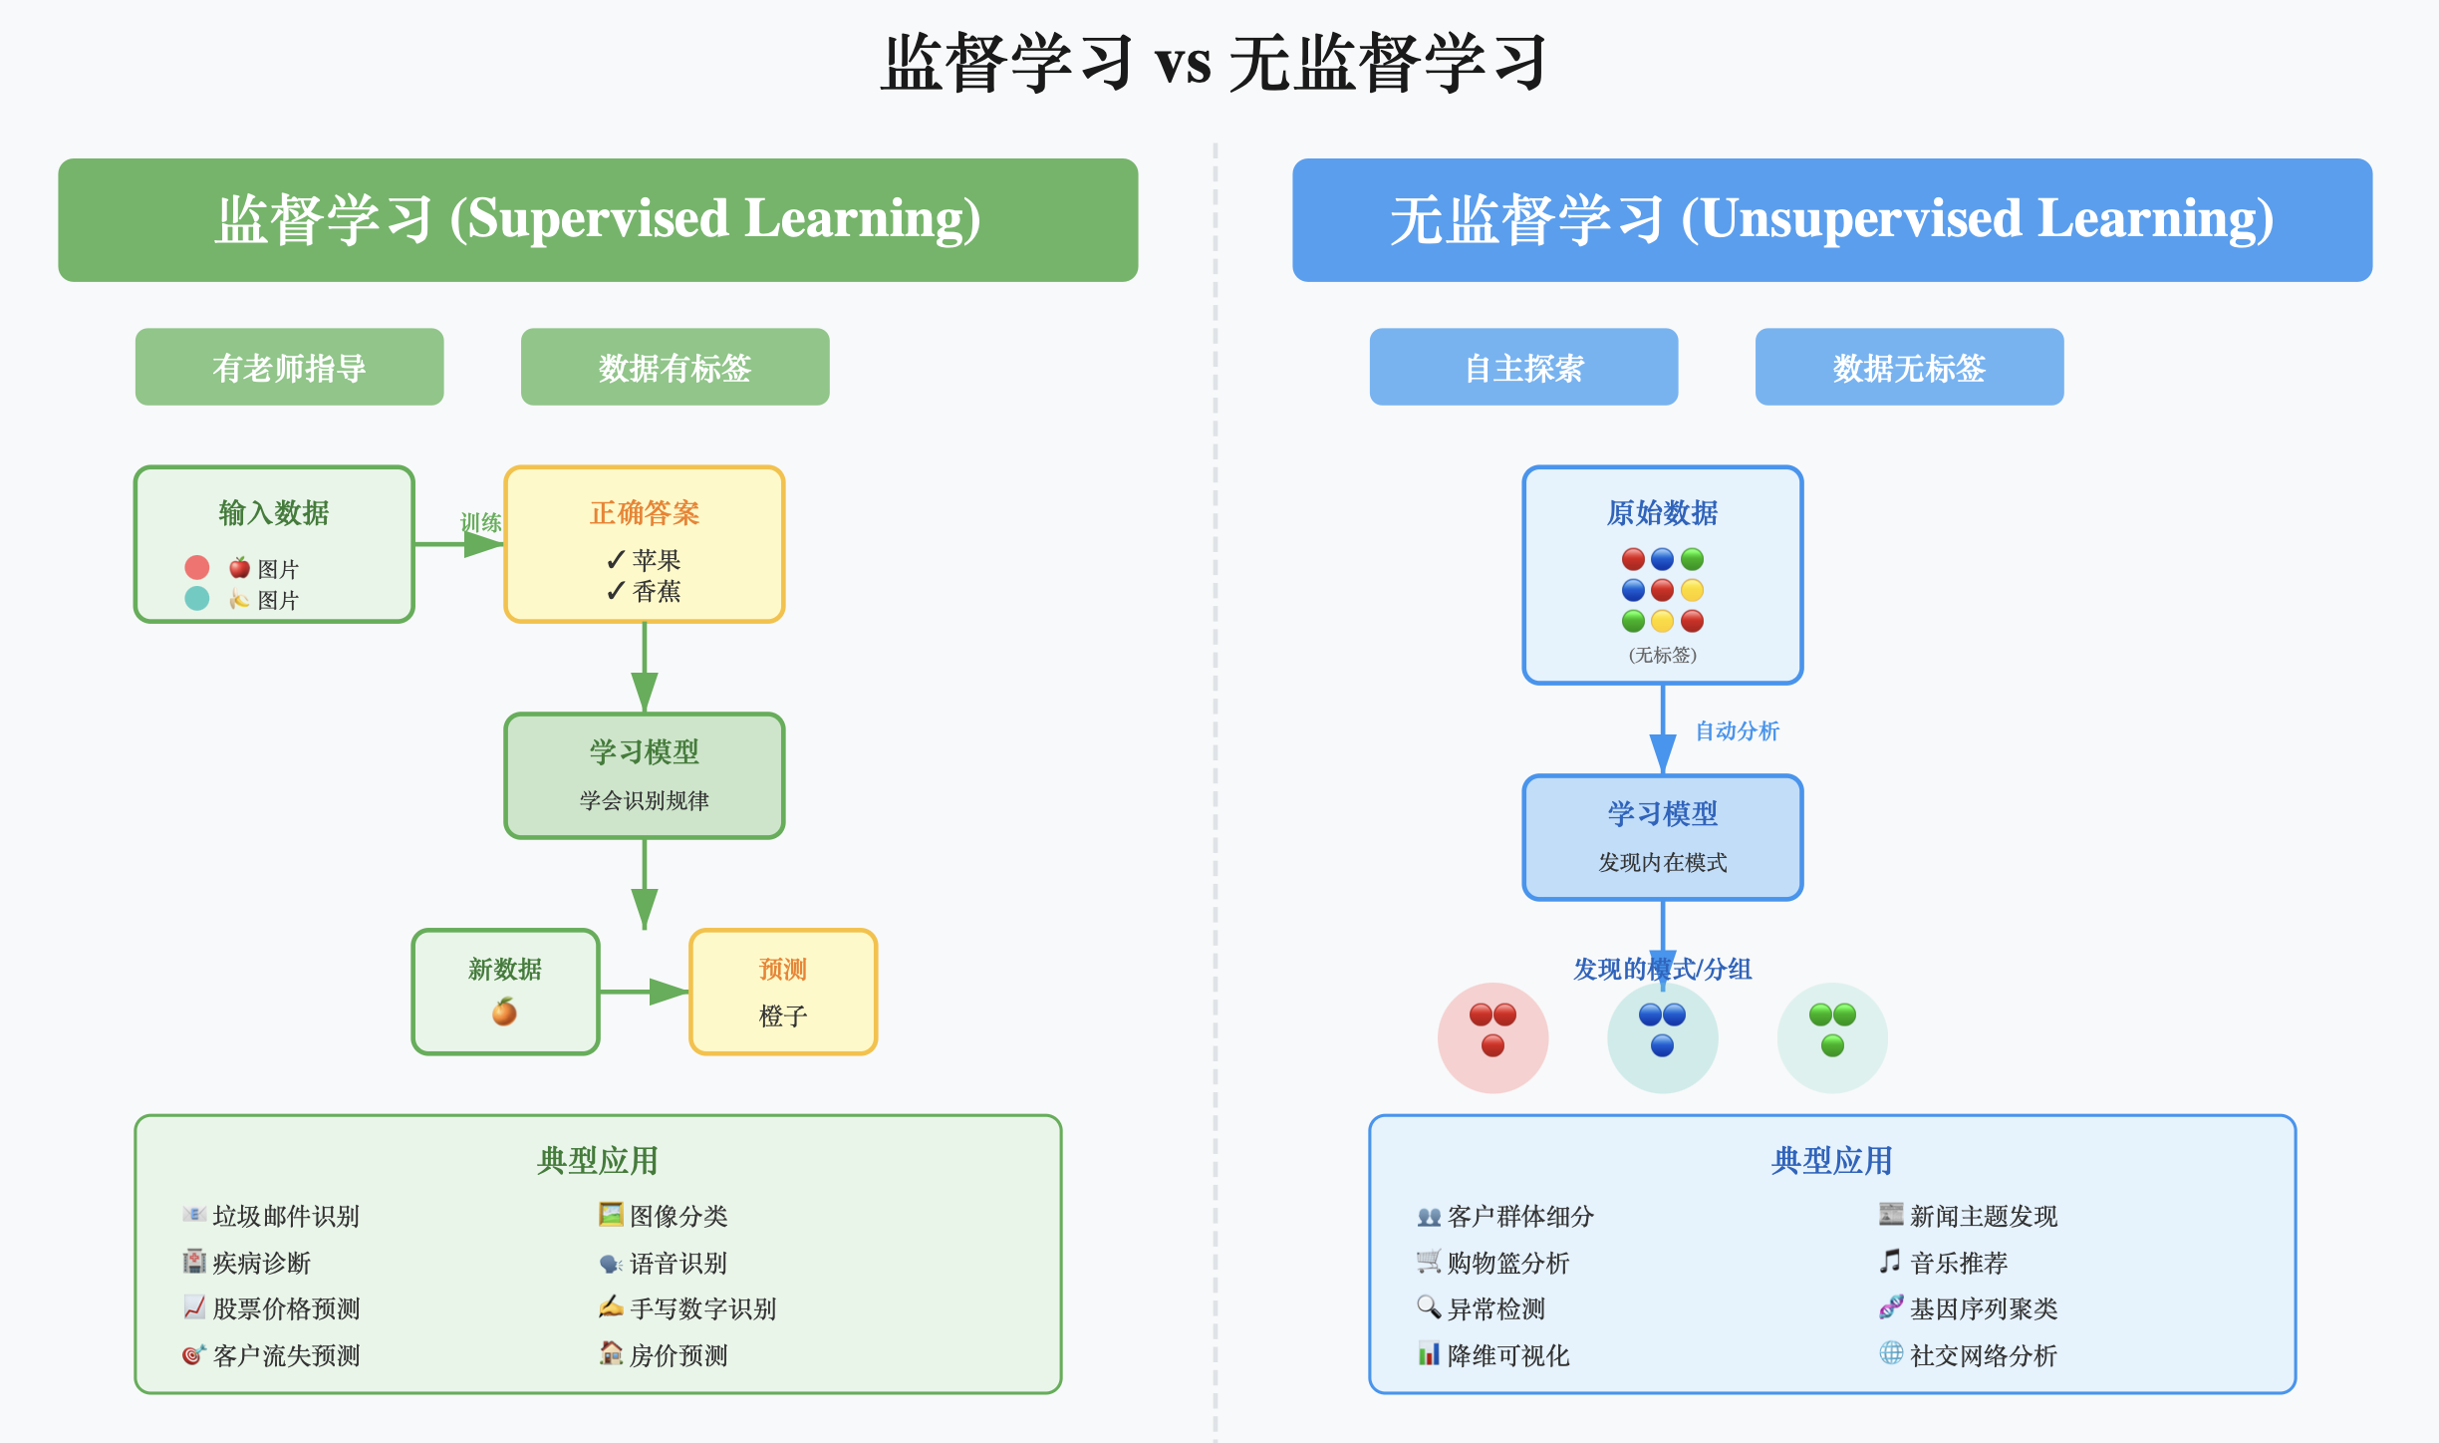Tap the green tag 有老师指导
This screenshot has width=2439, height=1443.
[x=289, y=368]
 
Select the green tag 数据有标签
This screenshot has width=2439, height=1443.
[x=675, y=368]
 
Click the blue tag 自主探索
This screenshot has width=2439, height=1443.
[x=1523, y=368]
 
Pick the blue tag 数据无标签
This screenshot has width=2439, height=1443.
[x=1909, y=368]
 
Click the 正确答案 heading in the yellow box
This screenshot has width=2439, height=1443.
[x=645, y=513]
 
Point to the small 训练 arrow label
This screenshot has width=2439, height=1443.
[x=480, y=522]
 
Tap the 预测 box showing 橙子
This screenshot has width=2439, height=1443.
[x=783, y=993]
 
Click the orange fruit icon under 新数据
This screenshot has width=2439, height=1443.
[x=505, y=1012]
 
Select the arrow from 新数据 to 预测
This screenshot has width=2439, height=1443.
[x=644, y=992]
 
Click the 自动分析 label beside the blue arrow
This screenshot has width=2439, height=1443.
[x=1737, y=731]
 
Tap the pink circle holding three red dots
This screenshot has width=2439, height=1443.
[x=1492, y=1037]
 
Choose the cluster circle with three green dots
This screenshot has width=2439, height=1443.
[x=1832, y=1037]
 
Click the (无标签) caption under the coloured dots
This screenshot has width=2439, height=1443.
[x=1662, y=655]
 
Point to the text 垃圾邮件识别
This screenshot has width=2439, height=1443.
[x=286, y=1217]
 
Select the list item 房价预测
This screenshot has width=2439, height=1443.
[x=678, y=1355]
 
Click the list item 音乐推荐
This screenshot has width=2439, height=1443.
[x=1959, y=1264]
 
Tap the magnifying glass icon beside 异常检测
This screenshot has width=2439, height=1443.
[x=1429, y=1306]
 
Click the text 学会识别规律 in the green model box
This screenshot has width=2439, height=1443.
[x=645, y=800]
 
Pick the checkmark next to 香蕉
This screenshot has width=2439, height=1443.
[x=616, y=592]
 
